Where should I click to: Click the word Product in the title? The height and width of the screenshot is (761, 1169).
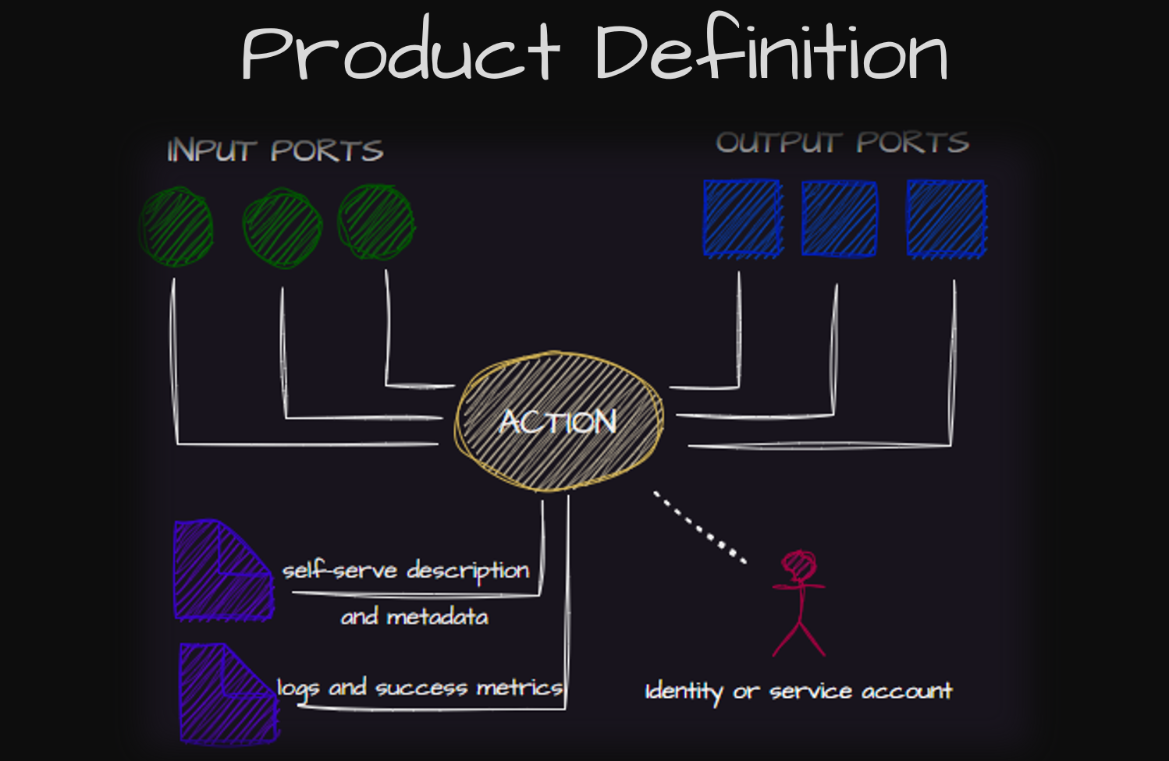tap(400, 52)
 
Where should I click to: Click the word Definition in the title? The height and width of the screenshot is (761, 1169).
tap(771, 52)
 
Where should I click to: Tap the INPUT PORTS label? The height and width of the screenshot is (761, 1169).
tap(275, 150)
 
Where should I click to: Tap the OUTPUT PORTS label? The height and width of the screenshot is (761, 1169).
tap(843, 143)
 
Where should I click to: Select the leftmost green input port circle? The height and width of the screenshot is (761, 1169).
tap(176, 226)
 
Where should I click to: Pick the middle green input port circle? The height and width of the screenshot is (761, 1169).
tap(282, 228)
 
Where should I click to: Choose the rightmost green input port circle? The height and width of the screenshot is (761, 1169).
tap(376, 222)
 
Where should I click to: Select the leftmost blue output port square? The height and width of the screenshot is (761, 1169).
tap(742, 218)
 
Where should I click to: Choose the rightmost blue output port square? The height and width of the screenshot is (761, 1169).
tap(946, 219)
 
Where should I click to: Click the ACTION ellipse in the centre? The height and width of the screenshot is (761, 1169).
tap(559, 422)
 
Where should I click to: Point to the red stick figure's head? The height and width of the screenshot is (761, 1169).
tap(798, 565)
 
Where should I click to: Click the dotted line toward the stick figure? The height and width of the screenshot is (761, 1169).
tap(699, 526)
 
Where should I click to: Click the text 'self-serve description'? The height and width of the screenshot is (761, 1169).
tap(406, 570)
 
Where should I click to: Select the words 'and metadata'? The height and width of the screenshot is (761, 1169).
tap(414, 617)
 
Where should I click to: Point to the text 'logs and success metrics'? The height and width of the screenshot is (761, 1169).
tap(419, 688)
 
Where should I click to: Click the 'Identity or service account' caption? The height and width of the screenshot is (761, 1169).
tap(798, 692)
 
